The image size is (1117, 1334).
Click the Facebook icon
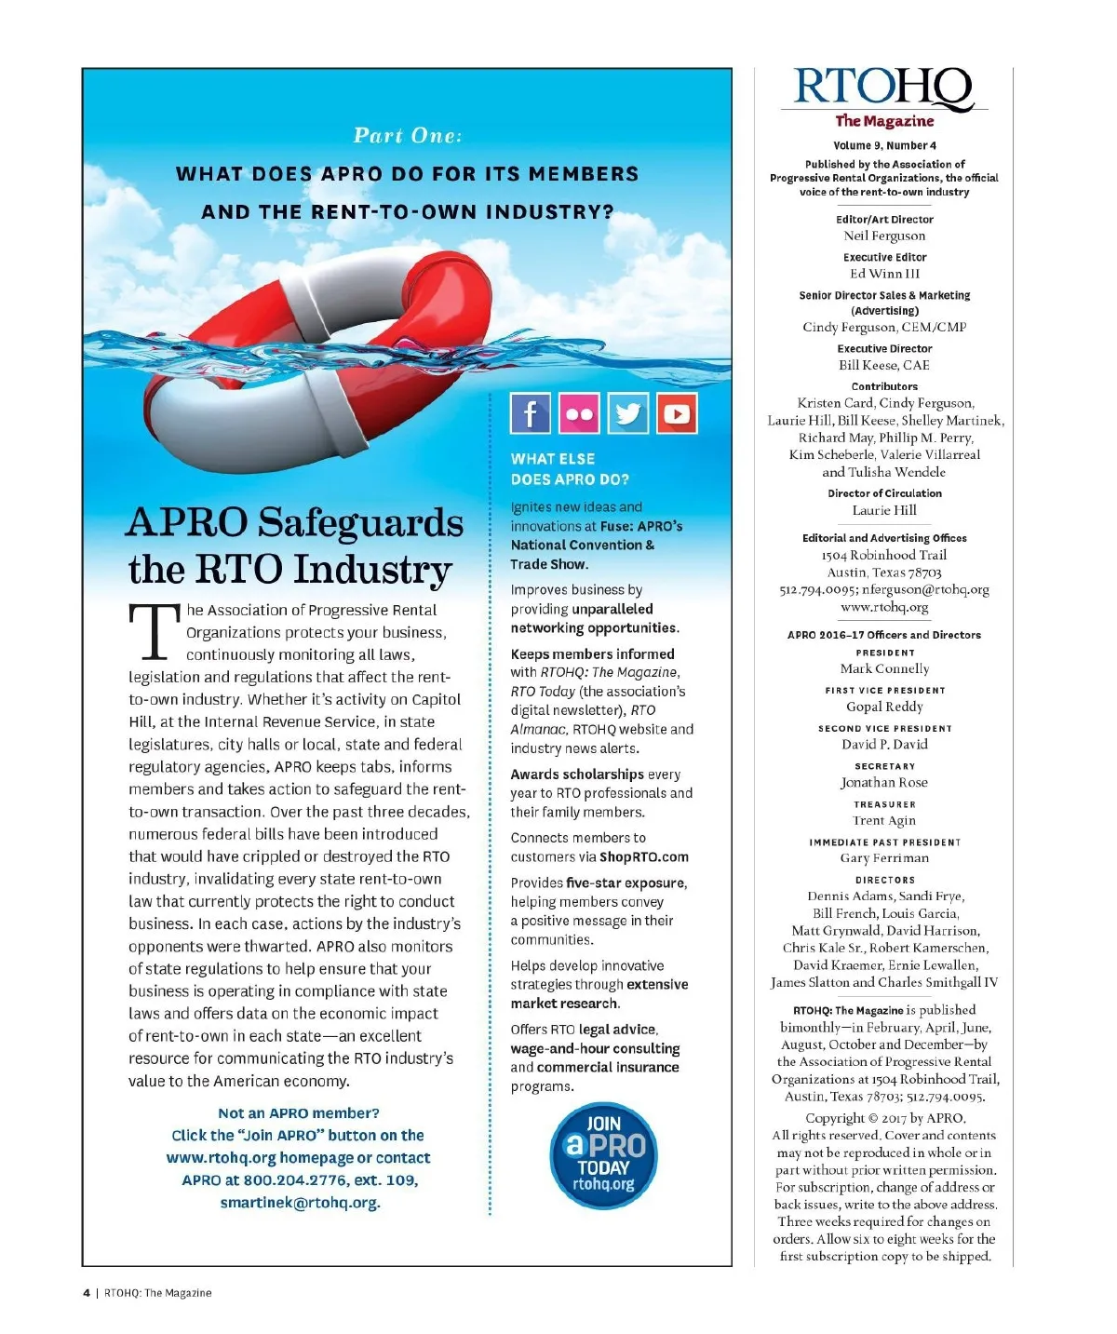click(x=530, y=413)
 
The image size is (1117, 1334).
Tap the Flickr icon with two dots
click(x=578, y=413)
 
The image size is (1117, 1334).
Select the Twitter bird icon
click(x=628, y=413)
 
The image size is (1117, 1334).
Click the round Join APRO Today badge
click(x=603, y=1154)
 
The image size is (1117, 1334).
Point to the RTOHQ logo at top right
click(x=883, y=89)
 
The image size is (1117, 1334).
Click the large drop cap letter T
click(x=154, y=631)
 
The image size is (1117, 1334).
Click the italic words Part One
click(x=407, y=136)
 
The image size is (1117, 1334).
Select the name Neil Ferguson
click(x=884, y=236)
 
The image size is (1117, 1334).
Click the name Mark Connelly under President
click(x=884, y=668)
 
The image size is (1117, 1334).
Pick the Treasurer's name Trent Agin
click(x=884, y=820)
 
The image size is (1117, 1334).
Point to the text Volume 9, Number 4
click(x=884, y=145)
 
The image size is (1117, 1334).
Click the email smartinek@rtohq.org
click(x=300, y=1203)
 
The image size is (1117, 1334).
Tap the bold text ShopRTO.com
click(x=644, y=856)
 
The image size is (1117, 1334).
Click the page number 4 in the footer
click(x=87, y=1292)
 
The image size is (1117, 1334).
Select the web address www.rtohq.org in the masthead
click(x=884, y=607)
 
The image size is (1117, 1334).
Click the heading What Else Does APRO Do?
click(x=570, y=469)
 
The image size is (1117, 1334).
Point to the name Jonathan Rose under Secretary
click(x=884, y=782)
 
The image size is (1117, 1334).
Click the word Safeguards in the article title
click(x=360, y=522)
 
